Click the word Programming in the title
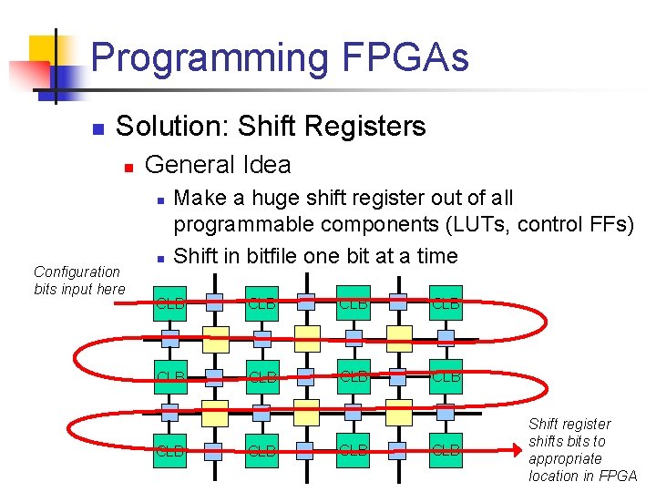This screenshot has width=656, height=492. pos(210,57)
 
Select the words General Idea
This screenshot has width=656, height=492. pos(218,165)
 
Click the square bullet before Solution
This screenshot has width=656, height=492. pos(99,128)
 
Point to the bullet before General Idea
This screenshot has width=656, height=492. pos(129,167)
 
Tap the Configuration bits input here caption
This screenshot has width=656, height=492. pos(77,281)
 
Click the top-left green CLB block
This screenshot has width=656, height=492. pos(169,303)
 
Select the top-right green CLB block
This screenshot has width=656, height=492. pos(446,303)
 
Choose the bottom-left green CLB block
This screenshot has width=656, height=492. pos(169,450)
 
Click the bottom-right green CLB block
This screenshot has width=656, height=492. pos(446,450)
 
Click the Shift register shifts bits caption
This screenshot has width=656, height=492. pos(582,450)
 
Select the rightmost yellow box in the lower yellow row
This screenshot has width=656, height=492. pos(399,413)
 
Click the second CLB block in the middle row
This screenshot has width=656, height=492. pos(261,376)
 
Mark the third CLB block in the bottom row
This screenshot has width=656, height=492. pos(354,450)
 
